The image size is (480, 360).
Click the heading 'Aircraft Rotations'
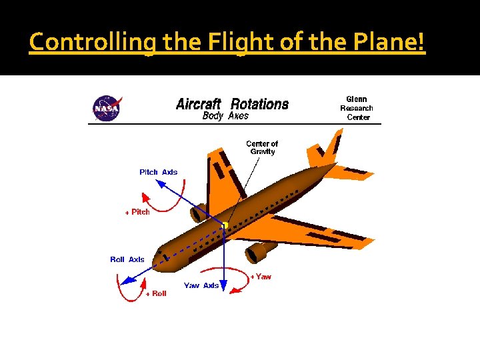point(232,104)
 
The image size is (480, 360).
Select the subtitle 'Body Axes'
point(225,116)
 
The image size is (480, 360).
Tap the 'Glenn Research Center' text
point(357,108)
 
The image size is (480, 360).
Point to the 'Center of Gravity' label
point(262,147)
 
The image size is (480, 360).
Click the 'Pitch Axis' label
point(159,172)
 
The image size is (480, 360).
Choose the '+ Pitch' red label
point(138,212)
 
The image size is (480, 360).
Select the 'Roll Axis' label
point(127,259)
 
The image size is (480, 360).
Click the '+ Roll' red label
point(156,293)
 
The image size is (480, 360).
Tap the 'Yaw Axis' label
point(201,285)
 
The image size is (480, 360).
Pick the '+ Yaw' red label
point(261,276)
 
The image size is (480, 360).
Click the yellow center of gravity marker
point(225,225)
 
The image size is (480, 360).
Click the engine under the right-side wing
point(261,252)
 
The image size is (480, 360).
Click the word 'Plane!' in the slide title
point(390,42)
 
